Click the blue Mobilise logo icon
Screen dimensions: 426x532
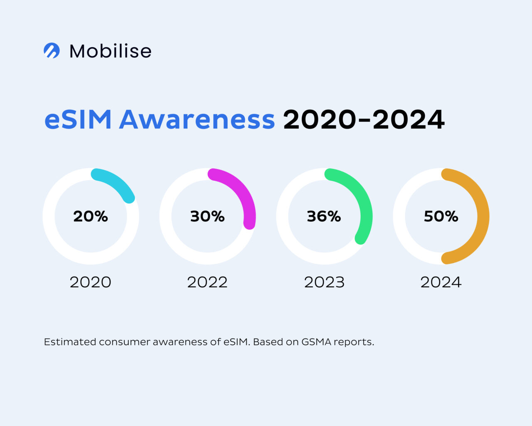52,51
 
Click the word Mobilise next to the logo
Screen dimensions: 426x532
110,51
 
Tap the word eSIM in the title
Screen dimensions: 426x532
78,120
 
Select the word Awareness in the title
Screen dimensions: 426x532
197,120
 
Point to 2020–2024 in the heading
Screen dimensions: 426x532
364,120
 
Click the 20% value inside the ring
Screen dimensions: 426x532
91,216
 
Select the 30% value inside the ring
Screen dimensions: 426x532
207,216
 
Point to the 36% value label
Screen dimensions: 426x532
324,216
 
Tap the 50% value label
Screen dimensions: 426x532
441,216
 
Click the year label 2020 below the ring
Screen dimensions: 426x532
91,282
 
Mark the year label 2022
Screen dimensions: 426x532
207,282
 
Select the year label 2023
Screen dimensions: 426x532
324,282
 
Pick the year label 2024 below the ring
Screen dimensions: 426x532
441,282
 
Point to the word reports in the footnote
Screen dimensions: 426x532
353,342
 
